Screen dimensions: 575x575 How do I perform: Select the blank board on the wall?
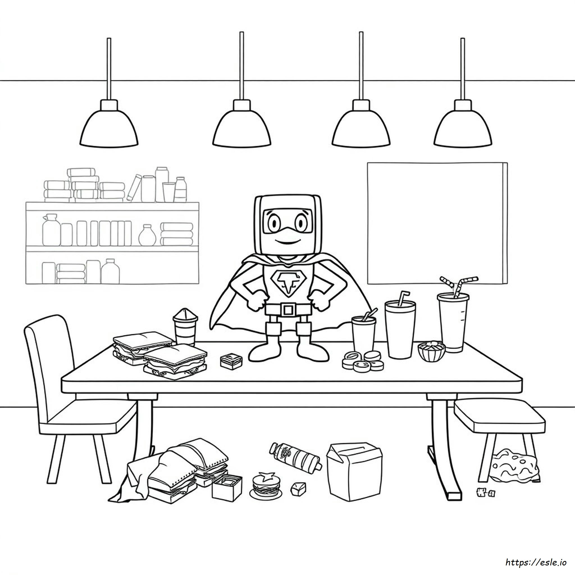[x=437, y=223]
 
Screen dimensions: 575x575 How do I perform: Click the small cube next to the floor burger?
[x=298, y=487]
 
